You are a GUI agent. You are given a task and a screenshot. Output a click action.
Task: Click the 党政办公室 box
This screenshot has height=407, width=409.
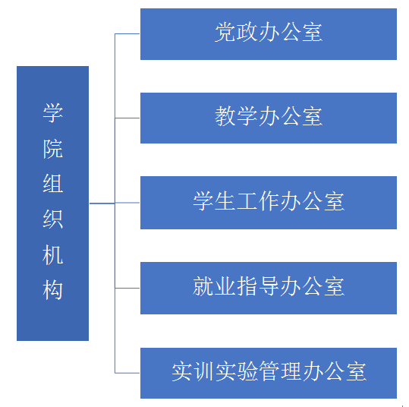tap(269, 34)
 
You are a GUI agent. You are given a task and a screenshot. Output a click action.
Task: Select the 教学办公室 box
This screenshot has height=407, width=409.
tap(269, 118)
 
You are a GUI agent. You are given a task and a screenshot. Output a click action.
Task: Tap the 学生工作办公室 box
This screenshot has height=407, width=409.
tap(269, 203)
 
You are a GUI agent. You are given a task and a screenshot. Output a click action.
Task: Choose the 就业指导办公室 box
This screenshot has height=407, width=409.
tap(269, 288)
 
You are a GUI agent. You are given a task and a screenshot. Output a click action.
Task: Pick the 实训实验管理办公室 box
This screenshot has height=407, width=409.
tap(269, 373)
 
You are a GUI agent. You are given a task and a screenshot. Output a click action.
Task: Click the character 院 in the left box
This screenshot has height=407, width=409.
tap(53, 149)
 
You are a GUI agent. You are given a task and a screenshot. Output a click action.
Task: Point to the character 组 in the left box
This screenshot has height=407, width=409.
tap(53, 184)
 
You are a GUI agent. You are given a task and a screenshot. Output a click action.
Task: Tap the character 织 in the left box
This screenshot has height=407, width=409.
tap(53, 219)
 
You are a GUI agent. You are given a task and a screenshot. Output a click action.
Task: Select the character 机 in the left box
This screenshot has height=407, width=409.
tap(53, 255)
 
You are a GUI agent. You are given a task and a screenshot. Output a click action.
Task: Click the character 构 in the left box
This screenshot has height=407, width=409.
tap(53, 290)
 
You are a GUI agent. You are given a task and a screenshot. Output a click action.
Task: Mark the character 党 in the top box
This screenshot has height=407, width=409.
tap(225, 32)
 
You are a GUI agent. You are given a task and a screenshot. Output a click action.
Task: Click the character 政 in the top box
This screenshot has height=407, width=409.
tap(247, 32)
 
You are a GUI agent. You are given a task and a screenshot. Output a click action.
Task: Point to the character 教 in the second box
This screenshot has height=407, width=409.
tap(225, 116)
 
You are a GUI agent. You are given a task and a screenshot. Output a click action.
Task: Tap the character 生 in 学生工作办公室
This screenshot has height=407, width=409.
tap(225, 201)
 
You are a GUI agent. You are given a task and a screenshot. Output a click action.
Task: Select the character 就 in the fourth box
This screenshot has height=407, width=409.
tap(203, 286)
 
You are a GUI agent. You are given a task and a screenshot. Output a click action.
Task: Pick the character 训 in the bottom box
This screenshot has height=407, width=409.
tap(204, 371)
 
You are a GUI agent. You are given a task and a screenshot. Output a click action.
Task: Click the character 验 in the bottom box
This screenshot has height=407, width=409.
tap(248, 371)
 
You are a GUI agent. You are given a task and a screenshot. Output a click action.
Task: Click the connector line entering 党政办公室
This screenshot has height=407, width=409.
tap(127, 33)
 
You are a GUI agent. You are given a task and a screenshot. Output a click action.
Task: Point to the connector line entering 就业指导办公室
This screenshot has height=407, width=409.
tap(127, 288)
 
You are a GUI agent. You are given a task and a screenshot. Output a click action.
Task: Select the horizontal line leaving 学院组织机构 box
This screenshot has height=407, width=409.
tap(102, 203)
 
